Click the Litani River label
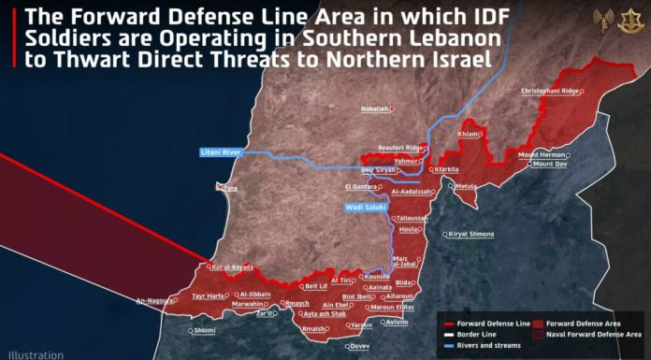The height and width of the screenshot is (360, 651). (221, 151)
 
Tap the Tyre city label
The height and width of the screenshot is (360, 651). (229, 188)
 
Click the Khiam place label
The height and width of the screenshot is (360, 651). (467, 136)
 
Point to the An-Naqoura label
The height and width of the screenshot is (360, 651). (154, 301)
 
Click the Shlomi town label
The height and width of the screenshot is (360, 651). (204, 330)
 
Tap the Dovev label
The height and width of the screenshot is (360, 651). (359, 347)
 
